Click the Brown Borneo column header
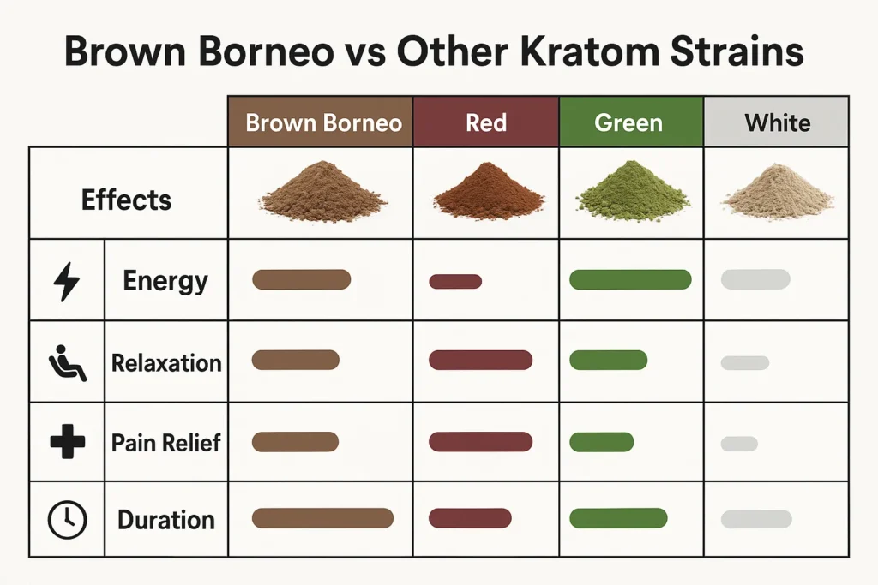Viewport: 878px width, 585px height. pos(323,122)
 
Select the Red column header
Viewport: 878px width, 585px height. pos(486,122)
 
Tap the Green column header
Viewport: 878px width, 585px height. pos(628,122)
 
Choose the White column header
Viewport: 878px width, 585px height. pos(777,122)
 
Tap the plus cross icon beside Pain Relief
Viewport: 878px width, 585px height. pos(66,442)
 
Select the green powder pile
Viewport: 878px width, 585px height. pos(633,192)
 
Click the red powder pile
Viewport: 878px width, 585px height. pos(488,194)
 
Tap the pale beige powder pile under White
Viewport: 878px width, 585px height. pos(778,194)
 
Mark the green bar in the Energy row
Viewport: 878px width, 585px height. pos(630,279)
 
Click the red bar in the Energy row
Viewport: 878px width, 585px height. pos(455,282)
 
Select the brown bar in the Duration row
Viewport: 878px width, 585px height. pos(322,517)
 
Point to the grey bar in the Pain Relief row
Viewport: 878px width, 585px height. pos(739,444)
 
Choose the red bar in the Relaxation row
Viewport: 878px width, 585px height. pos(480,361)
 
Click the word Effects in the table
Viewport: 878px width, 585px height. pos(127,200)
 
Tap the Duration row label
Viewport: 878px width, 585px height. pos(166,520)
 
